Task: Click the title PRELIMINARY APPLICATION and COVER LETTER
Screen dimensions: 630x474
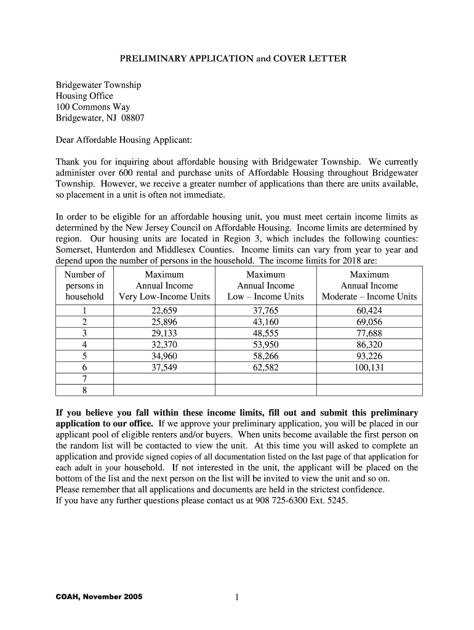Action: point(233,59)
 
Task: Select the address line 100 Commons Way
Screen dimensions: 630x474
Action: point(93,107)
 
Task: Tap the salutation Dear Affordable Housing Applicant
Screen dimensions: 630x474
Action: point(124,141)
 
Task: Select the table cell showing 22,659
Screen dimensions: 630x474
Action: point(164,311)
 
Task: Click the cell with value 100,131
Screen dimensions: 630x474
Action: point(369,368)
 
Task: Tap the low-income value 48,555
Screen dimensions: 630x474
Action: point(266,333)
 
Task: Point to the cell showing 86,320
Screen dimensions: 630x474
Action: point(369,345)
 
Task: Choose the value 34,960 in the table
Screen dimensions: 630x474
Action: point(164,356)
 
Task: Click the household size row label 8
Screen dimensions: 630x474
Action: point(84,391)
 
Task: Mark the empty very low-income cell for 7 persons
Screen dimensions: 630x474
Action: point(164,379)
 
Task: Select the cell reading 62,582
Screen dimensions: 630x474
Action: point(266,368)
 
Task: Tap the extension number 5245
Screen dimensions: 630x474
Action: point(337,501)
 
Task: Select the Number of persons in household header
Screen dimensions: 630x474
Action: point(84,285)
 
